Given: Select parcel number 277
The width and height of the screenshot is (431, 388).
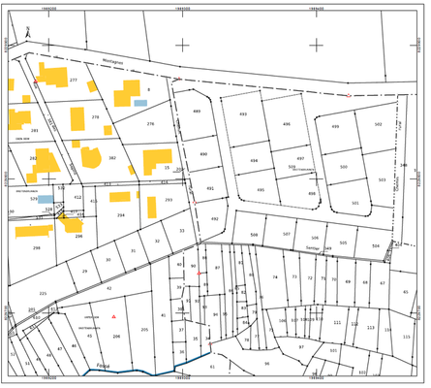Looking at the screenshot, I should [x=74, y=80].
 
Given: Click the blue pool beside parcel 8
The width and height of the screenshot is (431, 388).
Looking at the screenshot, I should [x=140, y=102].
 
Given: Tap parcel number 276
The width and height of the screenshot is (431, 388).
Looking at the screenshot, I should [x=150, y=124].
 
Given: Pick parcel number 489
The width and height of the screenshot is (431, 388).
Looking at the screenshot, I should [x=197, y=112].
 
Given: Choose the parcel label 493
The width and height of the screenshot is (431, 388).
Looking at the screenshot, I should [x=243, y=113].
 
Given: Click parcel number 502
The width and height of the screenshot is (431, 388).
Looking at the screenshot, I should [x=379, y=124].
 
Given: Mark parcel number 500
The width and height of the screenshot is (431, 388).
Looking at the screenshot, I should [x=343, y=167].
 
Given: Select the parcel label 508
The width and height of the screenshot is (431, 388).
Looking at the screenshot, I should [x=254, y=235].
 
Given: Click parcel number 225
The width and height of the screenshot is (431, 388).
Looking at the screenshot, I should [x=43, y=293].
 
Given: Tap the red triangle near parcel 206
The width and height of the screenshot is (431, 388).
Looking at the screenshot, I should [x=113, y=317].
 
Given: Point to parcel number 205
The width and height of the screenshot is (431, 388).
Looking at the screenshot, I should [x=144, y=330].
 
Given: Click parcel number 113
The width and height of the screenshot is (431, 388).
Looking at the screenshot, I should [x=371, y=328].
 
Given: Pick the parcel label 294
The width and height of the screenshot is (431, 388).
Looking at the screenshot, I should [x=120, y=214].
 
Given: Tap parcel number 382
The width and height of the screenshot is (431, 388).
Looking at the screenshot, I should [x=112, y=157].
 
